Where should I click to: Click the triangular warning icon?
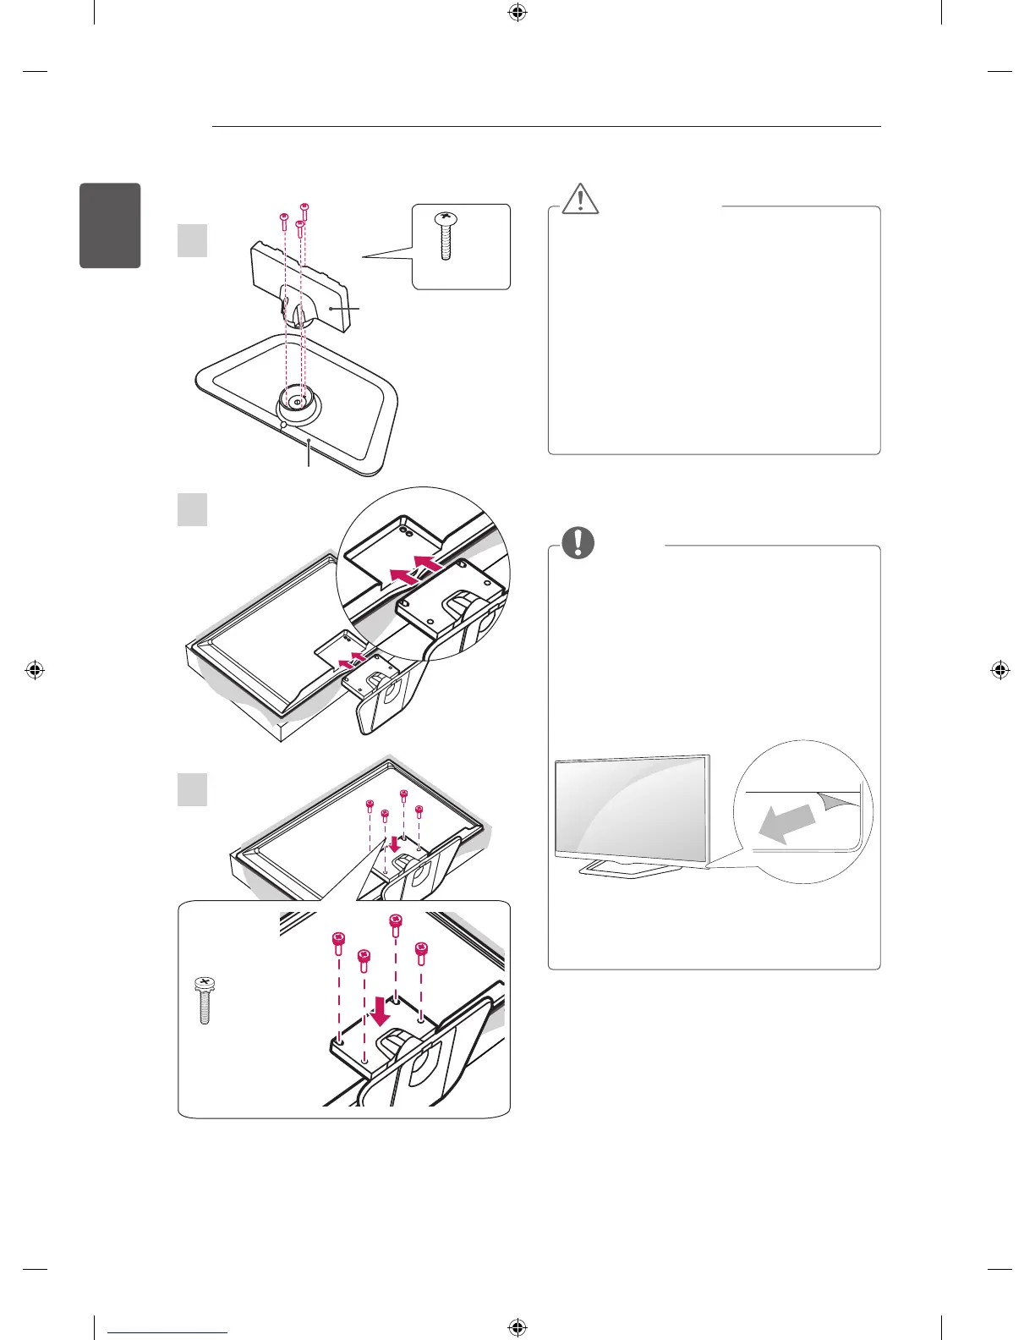[x=580, y=199]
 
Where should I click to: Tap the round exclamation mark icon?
[x=578, y=542]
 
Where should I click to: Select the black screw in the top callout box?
[x=445, y=237]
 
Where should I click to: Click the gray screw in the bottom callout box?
[x=203, y=1001]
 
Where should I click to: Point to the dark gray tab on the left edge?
[x=110, y=225]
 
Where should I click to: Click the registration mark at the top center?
[x=517, y=13]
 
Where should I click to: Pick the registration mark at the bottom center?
[x=517, y=1328]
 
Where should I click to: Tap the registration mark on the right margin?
[x=999, y=671]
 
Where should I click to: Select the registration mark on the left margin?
[x=34, y=671]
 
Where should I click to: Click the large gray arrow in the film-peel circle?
[x=787, y=823]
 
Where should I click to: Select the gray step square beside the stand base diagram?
[x=192, y=239]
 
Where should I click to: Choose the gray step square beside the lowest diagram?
[x=192, y=789]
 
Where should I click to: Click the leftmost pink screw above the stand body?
[x=285, y=219]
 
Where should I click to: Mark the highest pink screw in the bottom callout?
[x=395, y=922]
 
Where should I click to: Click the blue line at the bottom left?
[x=167, y=1332]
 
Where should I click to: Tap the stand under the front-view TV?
[x=631, y=867]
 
